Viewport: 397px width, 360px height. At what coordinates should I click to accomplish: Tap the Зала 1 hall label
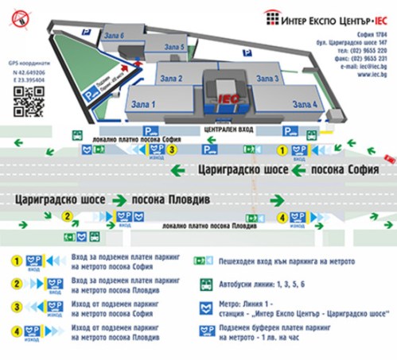[142, 104]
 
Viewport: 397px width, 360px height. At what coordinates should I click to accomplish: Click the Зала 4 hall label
[305, 104]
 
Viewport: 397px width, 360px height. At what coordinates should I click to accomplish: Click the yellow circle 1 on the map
[280, 149]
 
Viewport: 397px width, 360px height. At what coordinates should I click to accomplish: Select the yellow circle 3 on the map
[182, 149]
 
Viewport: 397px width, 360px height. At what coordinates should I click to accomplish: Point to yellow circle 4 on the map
[281, 216]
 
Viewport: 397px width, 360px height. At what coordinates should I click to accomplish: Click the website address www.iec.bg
[372, 76]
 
